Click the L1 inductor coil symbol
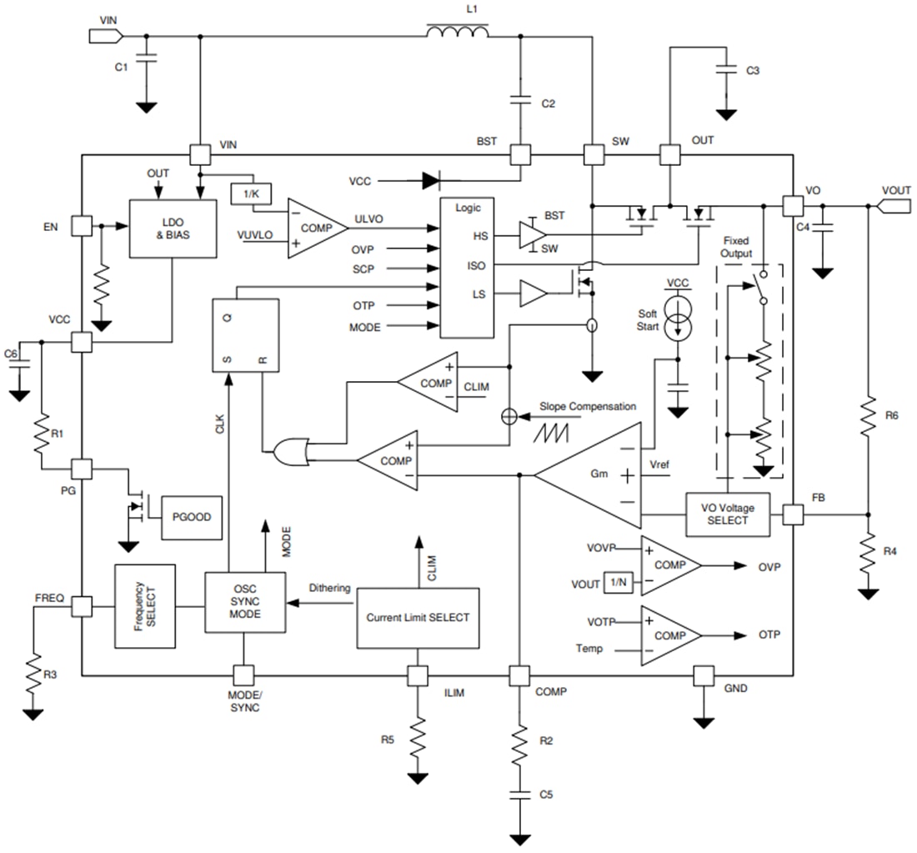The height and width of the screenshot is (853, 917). tap(457, 33)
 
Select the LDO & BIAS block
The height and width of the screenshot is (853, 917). tap(172, 228)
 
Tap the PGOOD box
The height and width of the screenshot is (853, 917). tap(192, 517)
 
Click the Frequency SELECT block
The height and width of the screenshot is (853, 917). tap(144, 606)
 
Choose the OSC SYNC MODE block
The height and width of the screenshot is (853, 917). tap(245, 606)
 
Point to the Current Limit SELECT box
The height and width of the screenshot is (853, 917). tap(418, 618)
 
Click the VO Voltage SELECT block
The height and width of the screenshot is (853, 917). tap(727, 514)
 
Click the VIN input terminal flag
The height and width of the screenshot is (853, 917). tap(105, 35)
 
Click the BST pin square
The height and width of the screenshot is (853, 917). tap(520, 155)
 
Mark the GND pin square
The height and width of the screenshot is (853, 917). tap(704, 675)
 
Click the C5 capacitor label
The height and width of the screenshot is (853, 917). tap(546, 794)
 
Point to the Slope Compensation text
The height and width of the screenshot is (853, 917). tap(587, 406)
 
